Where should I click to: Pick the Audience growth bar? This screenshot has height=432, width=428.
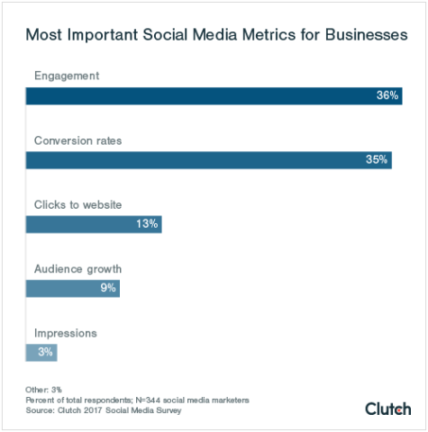click(x=72, y=288)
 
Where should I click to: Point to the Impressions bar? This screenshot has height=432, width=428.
click(x=41, y=353)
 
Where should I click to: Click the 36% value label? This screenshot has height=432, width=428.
click(x=388, y=95)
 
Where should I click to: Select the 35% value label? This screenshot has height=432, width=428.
click(x=377, y=160)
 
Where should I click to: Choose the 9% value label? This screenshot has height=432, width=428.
click(x=108, y=288)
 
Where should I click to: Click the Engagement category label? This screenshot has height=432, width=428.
click(x=67, y=75)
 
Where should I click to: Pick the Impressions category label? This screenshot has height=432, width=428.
click(x=66, y=333)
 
